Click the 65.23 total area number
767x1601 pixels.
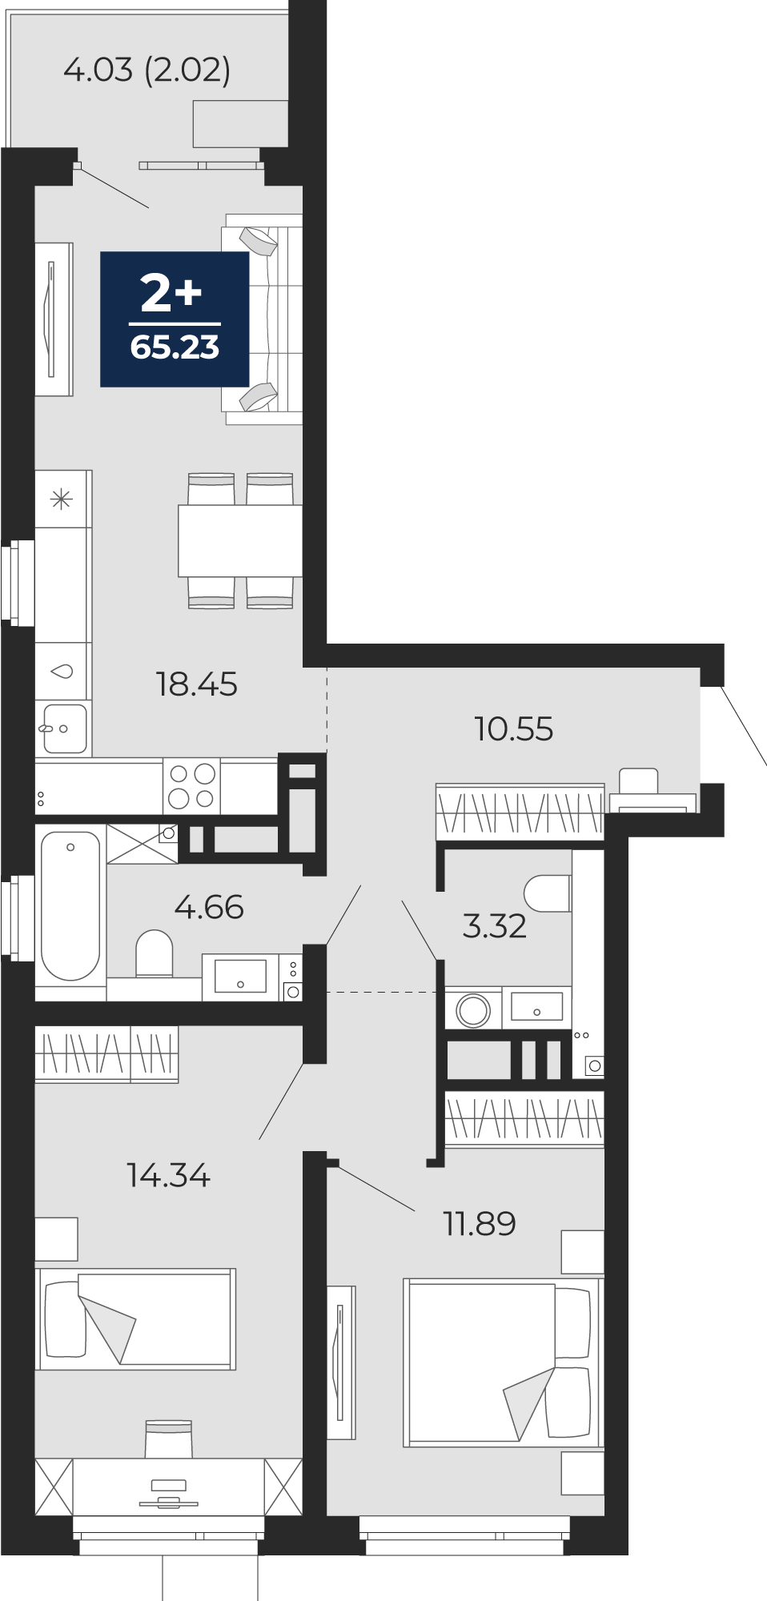click(175, 347)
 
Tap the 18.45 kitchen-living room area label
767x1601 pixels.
click(196, 684)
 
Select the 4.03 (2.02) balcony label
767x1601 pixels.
click(147, 70)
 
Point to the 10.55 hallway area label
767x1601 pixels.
click(513, 729)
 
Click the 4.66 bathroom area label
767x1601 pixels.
click(208, 907)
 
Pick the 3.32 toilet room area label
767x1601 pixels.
click(494, 926)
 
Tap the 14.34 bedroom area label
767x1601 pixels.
click(168, 1175)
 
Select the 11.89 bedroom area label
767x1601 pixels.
click(480, 1223)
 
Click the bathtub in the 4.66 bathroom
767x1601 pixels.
click(70, 905)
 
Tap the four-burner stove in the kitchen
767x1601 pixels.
click(192, 786)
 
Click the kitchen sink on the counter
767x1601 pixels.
click(65, 728)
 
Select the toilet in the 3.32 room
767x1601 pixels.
click(548, 893)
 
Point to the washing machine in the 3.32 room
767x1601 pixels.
click(473, 1009)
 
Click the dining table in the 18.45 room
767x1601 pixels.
click(240, 540)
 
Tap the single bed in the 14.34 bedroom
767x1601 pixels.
click(136, 1318)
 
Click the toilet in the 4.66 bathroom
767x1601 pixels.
click(155, 953)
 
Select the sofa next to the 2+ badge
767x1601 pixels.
click(263, 319)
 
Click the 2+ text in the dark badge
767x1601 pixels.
click(171, 293)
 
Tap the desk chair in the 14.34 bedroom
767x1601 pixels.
click(169, 1438)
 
